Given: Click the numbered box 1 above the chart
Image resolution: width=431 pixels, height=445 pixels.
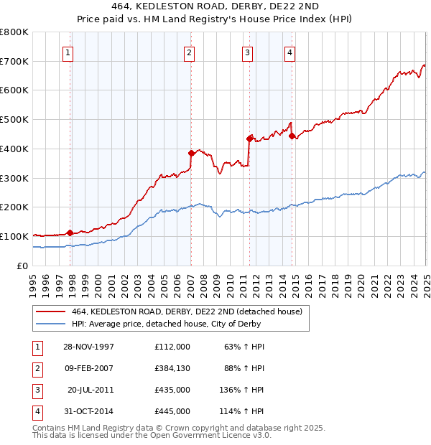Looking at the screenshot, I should tap(67, 52).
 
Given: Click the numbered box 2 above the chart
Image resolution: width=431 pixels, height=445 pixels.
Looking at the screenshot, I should tap(188, 52).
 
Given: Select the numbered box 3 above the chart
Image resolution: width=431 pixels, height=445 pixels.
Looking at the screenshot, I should tap(246, 52).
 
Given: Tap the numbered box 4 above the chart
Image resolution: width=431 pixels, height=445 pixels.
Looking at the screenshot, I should tap(289, 52).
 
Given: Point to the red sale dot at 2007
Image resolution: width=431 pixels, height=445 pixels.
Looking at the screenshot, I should tap(191, 153).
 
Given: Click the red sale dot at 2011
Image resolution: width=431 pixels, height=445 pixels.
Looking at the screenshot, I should tap(249, 138).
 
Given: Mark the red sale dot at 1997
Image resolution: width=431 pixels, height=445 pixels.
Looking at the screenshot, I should tap(70, 233).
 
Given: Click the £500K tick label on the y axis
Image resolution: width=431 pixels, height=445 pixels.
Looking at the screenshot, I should tap(14, 120).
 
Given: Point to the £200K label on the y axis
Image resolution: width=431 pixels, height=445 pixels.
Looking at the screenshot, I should tap(14, 207).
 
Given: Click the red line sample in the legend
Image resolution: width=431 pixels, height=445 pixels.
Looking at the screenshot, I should tap(51, 311).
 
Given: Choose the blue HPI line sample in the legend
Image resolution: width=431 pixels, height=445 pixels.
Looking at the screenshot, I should tap(51, 324).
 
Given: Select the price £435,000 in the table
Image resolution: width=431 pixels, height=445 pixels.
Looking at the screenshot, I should tap(172, 390).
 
